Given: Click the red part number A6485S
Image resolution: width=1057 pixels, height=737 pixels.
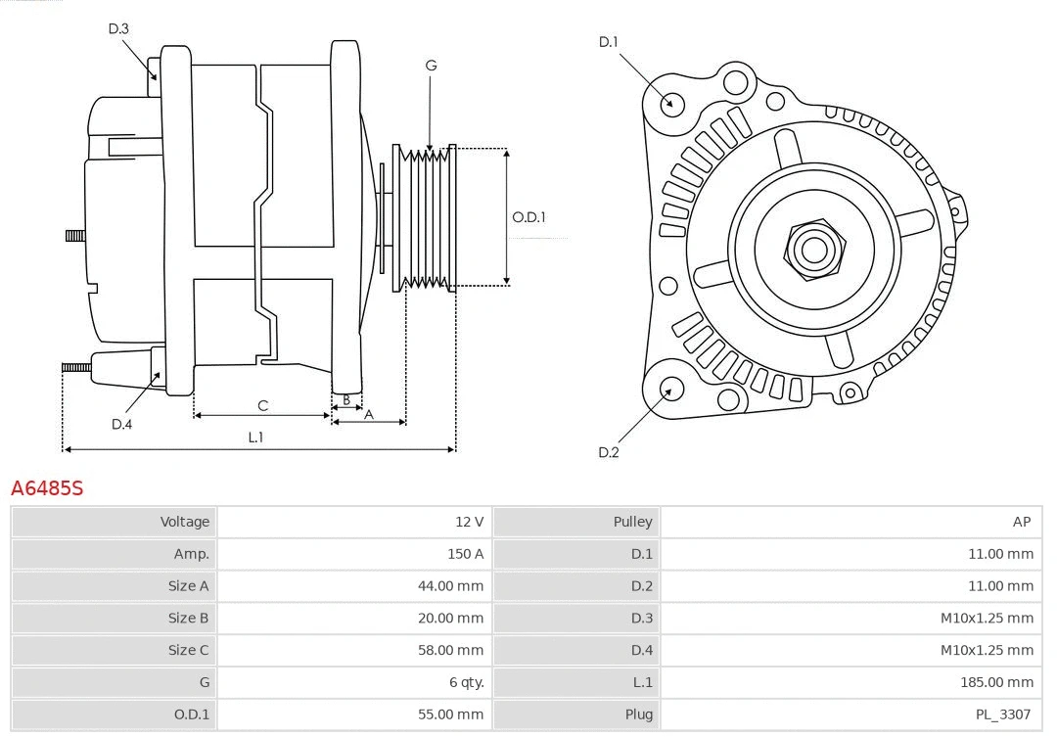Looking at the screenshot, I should [x=47, y=487].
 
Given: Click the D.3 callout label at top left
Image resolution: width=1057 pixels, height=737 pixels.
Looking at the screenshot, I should [x=118, y=28].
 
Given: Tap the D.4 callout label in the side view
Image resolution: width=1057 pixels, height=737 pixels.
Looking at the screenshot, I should [x=121, y=424].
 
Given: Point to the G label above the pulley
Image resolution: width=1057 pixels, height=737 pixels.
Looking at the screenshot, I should [x=431, y=66].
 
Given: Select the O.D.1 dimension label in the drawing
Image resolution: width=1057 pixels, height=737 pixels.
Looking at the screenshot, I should [x=528, y=217].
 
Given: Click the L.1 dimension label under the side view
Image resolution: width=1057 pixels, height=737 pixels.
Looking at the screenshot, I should [x=255, y=438].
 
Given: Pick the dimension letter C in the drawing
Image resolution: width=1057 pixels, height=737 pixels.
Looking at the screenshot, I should [x=262, y=405].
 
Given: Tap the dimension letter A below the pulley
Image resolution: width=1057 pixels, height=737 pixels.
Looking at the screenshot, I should [x=369, y=414].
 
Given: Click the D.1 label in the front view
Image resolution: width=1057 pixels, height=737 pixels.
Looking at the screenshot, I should [x=609, y=41].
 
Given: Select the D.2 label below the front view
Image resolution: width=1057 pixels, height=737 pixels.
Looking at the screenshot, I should [x=609, y=452].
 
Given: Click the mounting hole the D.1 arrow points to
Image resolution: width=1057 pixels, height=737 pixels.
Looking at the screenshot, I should [x=671, y=103].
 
